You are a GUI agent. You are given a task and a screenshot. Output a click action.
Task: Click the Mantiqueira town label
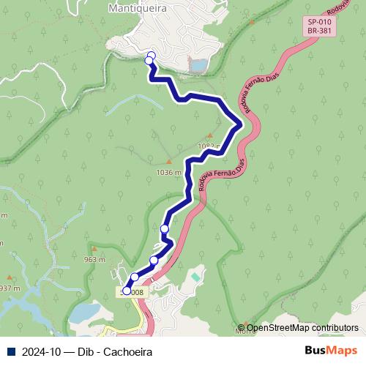(x=138, y=9)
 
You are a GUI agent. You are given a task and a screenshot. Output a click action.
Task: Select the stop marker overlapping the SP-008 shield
(x=127, y=291)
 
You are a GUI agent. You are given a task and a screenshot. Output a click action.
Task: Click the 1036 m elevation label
(x=169, y=173)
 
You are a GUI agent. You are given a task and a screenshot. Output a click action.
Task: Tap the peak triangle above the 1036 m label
(x=169, y=162)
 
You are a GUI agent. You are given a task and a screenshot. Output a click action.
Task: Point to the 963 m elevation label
(x=95, y=260)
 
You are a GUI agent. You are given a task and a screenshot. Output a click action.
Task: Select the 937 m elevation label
(x=9, y=288)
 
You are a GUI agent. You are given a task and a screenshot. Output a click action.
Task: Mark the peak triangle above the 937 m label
(x=9, y=277)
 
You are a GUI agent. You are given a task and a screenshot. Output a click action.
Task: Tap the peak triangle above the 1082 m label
(x=210, y=136)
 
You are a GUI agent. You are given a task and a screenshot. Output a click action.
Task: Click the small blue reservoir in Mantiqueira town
(x=198, y=66)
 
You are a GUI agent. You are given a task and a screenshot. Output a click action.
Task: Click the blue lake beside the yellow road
(x=84, y=313)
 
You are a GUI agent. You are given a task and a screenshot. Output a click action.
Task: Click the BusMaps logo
(x=330, y=351)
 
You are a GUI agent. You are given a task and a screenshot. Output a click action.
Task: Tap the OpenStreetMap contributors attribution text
(x=302, y=328)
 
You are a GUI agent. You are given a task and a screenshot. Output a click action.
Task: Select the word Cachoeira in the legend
(x=128, y=352)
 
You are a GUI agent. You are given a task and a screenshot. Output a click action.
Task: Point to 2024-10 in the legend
(x=40, y=352)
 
